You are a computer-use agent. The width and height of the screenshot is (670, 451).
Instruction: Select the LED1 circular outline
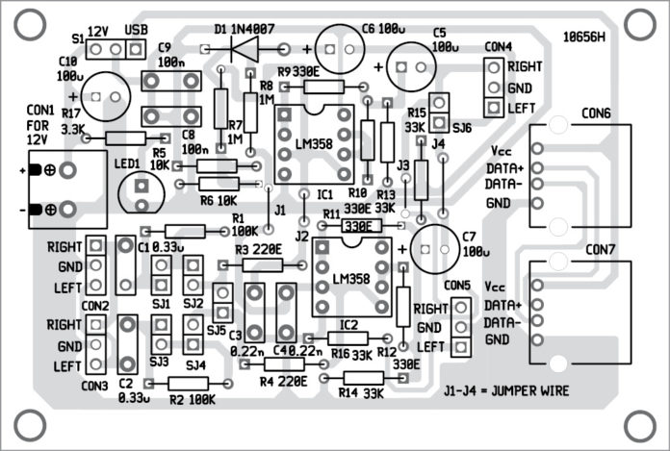[141, 189]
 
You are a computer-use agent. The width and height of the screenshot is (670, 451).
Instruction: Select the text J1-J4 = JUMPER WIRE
[507, 391]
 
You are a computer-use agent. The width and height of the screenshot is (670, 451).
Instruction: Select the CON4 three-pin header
[493, 85]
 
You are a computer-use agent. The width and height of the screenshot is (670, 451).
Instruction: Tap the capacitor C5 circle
[411, 66]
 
